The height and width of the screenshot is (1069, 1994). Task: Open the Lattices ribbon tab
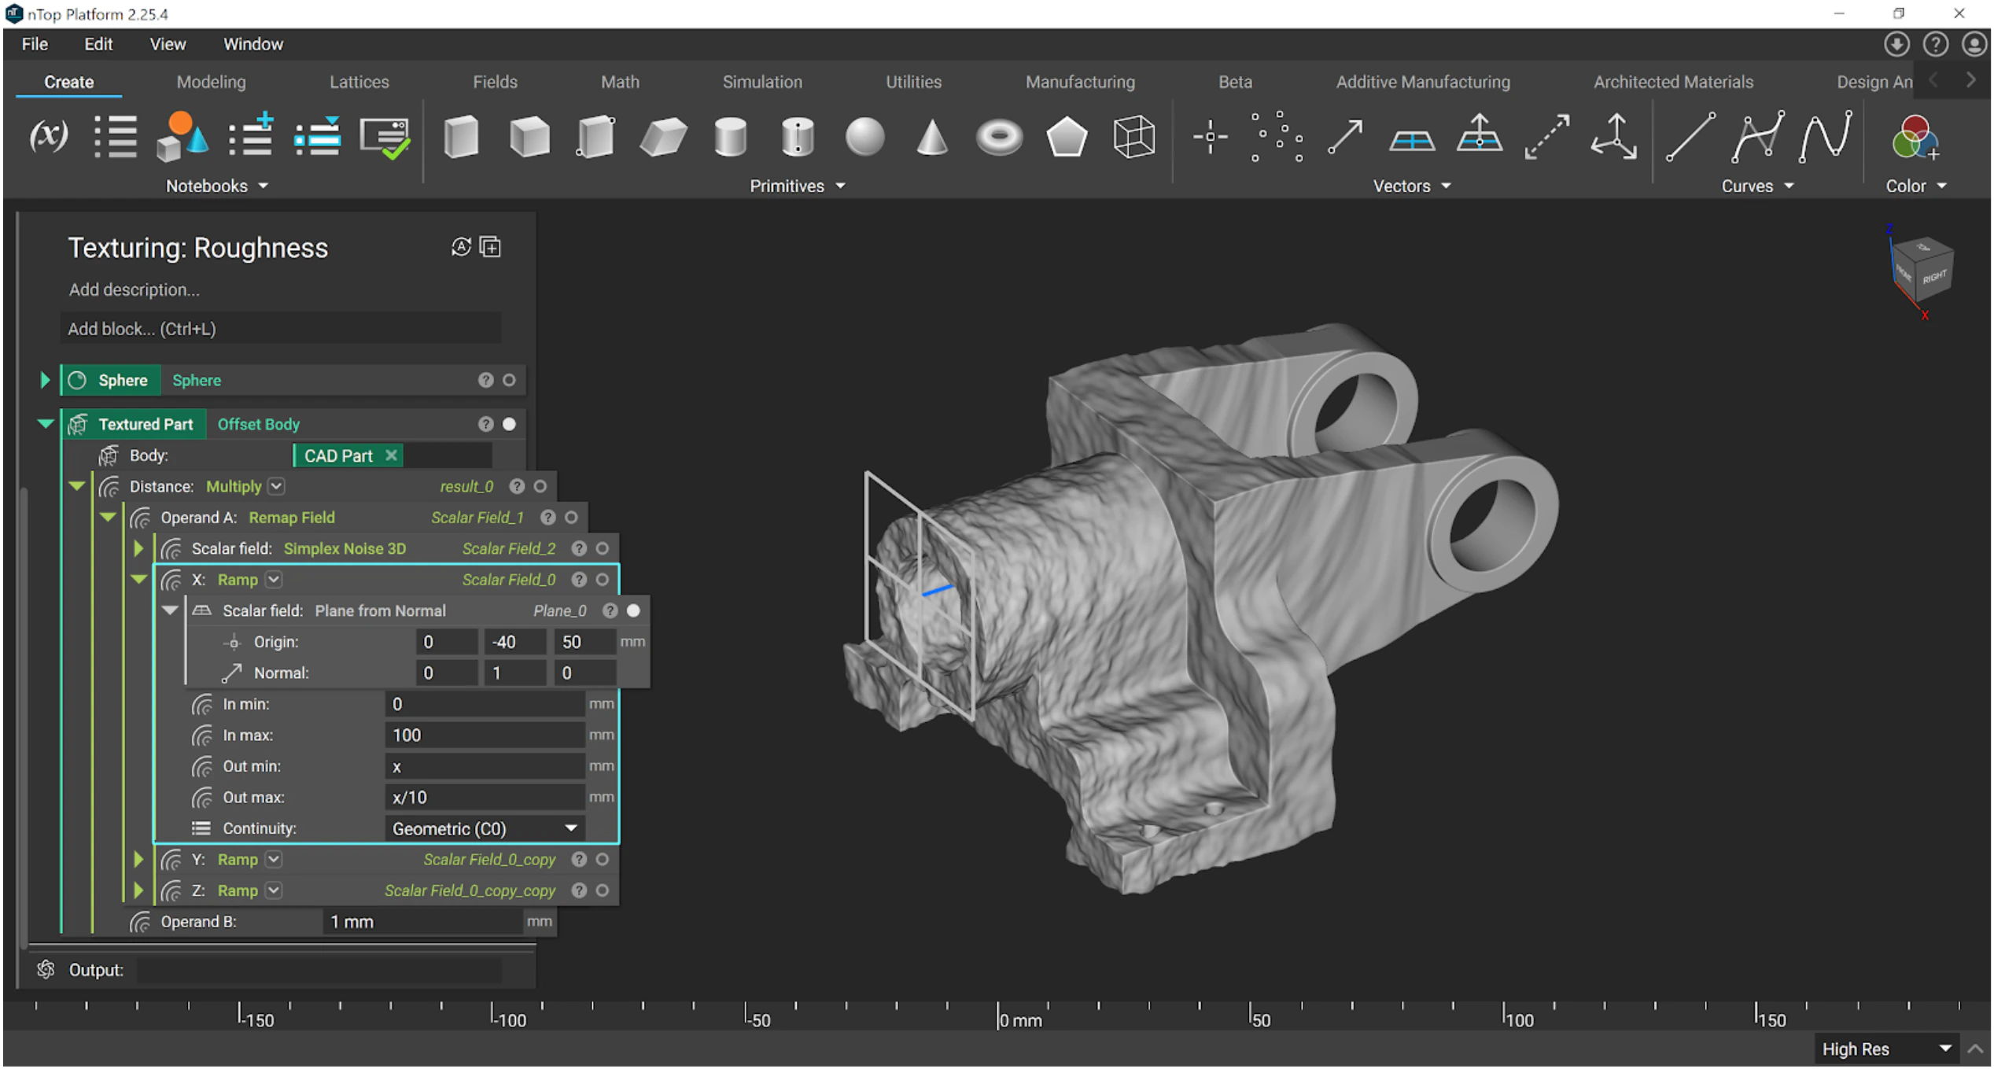[x=359, y=82]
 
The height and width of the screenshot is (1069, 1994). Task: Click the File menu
[x=35, y=44]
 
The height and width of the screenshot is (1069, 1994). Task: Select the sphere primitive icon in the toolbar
[x=864, y=137]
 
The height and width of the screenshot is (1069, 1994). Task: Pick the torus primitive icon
[x=999, y=138]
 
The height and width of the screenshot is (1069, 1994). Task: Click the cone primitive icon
[x=932, y=137]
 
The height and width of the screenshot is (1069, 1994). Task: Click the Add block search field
[x=280, y=329]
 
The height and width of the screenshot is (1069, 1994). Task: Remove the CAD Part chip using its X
[x=391, y=455]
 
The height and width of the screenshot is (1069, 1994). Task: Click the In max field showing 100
[x=484, y=735]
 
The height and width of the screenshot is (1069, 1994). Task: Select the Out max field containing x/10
[x=484, y=798]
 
